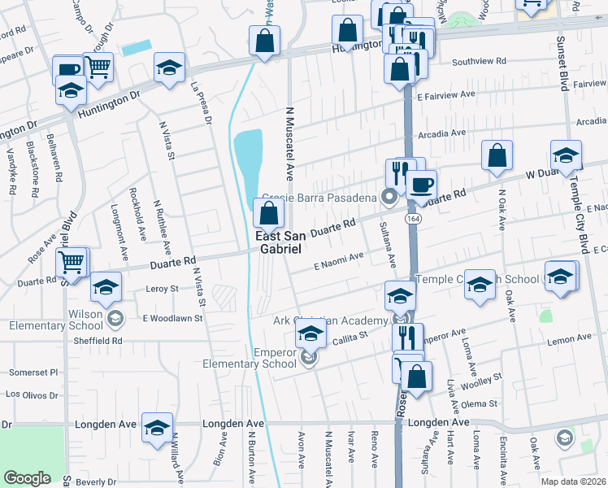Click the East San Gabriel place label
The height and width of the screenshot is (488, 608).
pyautogui.click(x=280, y=242)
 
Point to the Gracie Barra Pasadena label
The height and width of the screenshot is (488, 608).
pyautogui.click(x=322, y=198)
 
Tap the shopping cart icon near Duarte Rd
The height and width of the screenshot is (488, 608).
pyautogui.click(x=72, y=262)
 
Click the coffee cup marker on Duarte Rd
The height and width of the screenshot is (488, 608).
pyautogui.click(x=421, y=184)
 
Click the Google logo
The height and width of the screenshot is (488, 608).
pyautogui.click(x=27, y=478)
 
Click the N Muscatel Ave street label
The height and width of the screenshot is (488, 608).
pyautogui.click(x=289, y=142)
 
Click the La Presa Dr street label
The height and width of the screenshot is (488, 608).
pyautogui.click(x=201, y=102)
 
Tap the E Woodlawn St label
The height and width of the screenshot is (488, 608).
pyautogui.click(x=172, y=318)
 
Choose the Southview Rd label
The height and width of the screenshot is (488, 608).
pyautogui.click(x=480, y=61)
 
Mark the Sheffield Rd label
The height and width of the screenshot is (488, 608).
pyautogui.click(x=94, y=341)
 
